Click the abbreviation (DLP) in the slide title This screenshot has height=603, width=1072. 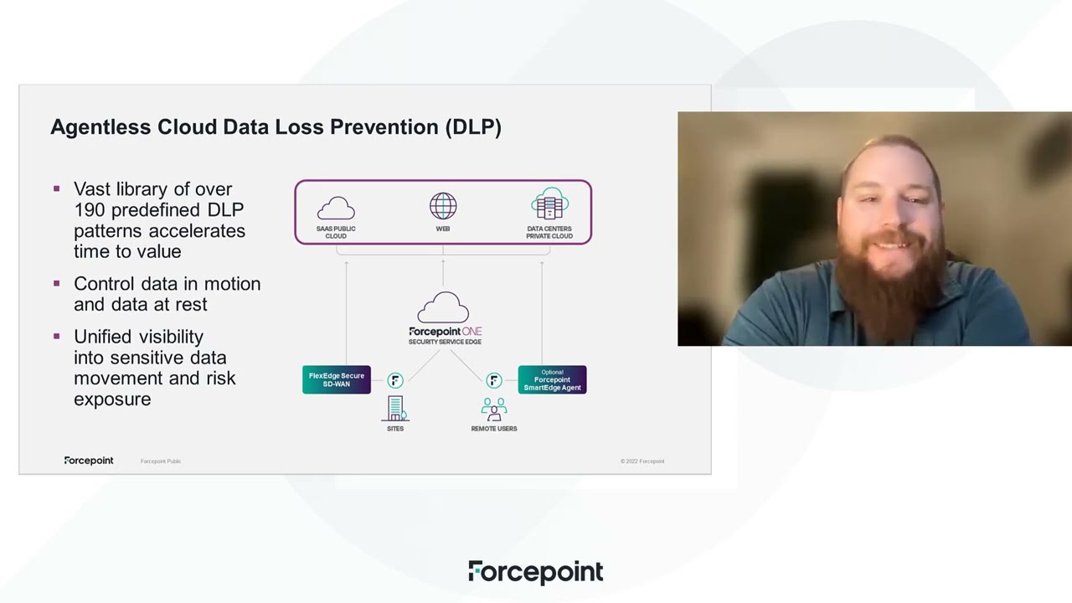(x=473, y=127)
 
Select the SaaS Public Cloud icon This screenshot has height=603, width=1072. (x=336, y=207)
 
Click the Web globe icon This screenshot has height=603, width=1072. (x=443, y=206)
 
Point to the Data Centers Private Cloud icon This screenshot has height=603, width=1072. (x=549, y=205)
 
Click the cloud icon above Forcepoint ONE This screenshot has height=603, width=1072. (x=443, y=307)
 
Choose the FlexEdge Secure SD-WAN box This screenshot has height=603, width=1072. (x=337, y=380)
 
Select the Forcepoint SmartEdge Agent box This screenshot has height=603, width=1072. (x=552, y=380)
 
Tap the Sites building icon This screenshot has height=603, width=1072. (x=395, y=409)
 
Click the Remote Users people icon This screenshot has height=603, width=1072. (x=494, y=410)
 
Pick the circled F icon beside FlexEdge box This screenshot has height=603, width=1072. (x=395, y=381)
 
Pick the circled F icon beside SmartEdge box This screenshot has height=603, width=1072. (x=494, y=381)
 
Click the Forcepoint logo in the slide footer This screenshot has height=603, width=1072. (x=89, y=461)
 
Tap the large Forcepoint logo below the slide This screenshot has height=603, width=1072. (x=535, y=572)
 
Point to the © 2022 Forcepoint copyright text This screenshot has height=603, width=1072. (x=642, y=461)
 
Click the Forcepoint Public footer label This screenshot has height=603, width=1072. (x=161, y=461)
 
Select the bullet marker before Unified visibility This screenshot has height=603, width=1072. (x=57, y=337)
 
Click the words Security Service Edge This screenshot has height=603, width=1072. (x=445, y=342)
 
